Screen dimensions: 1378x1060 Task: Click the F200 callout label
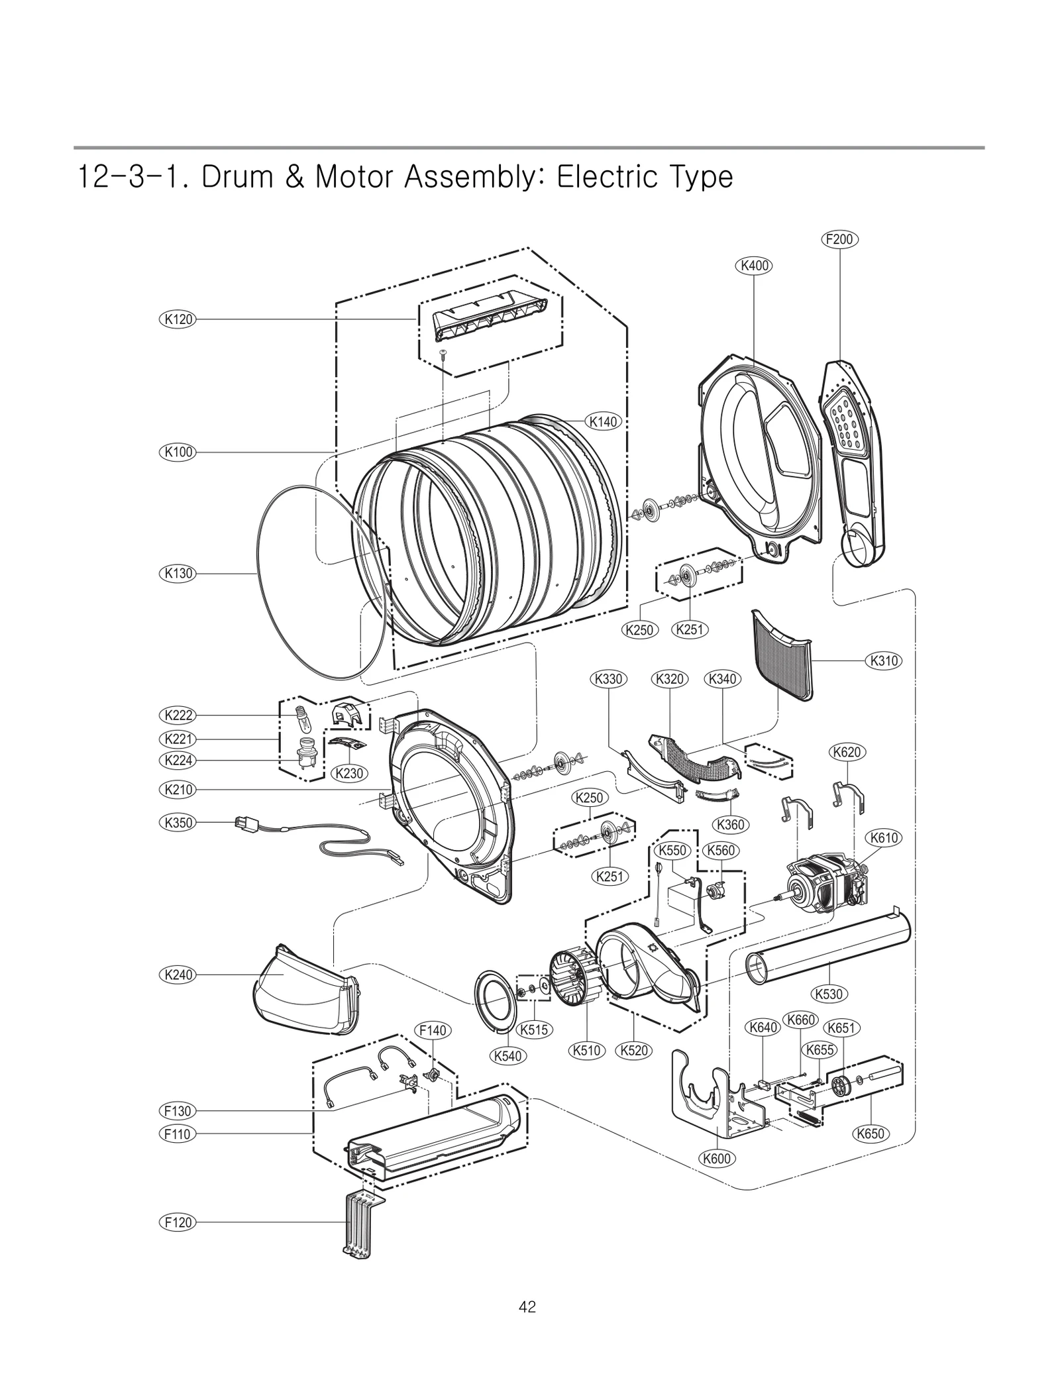click(x=839, y=239)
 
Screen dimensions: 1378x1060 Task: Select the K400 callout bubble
click(x=754, y=266)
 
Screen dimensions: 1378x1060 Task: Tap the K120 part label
click(x=178, y=319)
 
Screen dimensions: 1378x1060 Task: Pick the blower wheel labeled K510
click(x=574, y=979)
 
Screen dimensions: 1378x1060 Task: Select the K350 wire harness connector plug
click(x=242, y=823)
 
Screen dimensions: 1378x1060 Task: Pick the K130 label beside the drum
click(x=178, y=574)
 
